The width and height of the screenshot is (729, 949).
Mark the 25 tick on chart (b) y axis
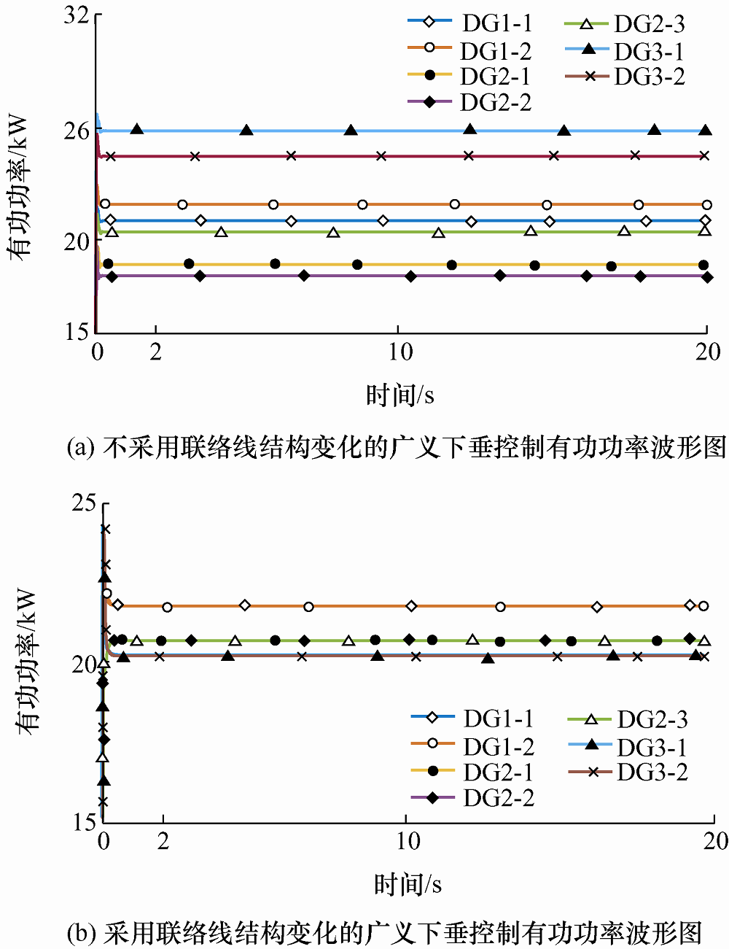point(85,503)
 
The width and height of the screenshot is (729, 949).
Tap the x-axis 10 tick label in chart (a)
point(399,352)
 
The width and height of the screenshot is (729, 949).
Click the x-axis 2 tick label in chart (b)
point(163,841)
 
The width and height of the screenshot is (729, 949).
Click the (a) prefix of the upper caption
point(79,446)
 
